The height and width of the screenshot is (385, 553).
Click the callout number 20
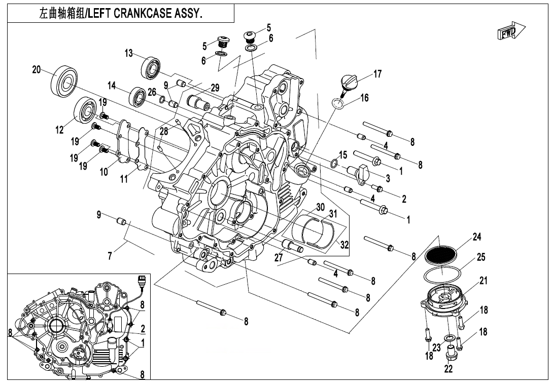(x=36, y=70)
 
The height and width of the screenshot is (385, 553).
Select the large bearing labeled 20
(x=64, y=80)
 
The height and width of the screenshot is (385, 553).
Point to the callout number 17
(x=377, y=74)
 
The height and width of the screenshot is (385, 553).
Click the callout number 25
(x=481, y=257)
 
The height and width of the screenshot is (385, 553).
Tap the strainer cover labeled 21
(x=441, y=299)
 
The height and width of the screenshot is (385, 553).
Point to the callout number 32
(x=345, y=245)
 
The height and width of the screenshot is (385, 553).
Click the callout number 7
(x=110, y=256)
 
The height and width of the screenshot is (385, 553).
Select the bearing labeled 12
(x=85, y=111)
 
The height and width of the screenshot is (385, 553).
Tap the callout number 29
(x=215, y=87)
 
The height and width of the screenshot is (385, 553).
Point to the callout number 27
(x=279, y=257)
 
